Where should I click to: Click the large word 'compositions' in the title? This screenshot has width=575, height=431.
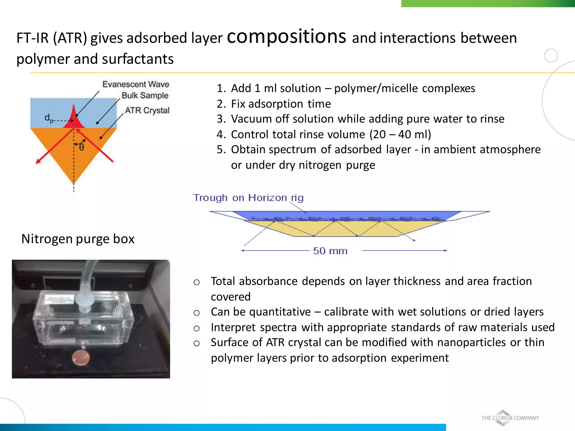coord(286,37)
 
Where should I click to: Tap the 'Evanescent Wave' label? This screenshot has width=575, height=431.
coord(136,84)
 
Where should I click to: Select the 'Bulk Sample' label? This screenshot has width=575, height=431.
coord(145,95)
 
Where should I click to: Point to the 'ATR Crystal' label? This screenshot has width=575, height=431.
coord(147,110)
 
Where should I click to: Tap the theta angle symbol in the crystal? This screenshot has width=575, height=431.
coord(81,147)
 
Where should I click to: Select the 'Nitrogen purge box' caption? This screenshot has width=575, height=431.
coord(78,239)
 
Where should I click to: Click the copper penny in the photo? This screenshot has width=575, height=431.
coord(81,357)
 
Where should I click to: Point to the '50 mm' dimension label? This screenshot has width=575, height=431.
coord(330,251)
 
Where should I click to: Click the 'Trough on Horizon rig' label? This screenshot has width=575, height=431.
coord(248,198)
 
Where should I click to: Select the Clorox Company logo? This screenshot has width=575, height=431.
coord(510,418)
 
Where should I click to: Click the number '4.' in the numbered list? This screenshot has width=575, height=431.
coord(221,134)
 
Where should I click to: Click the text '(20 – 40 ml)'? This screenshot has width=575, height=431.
coord(400,134)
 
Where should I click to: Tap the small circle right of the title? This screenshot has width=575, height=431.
coord(551,56)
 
